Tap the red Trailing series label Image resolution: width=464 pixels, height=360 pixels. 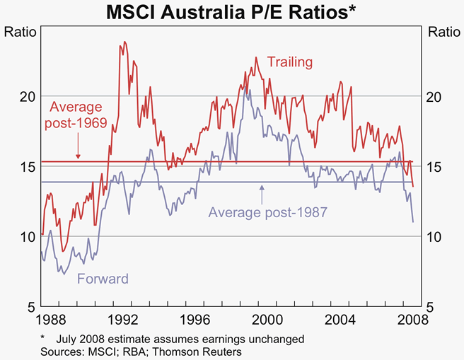[x=289, y=62]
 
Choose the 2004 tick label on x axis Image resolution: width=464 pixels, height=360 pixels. [x=336, y=319]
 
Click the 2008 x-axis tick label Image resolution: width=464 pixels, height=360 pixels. [x=407, y=319]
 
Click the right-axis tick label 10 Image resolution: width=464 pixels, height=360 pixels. [x=436, y=237]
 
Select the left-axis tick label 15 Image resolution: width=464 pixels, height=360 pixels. [x=25, y=167]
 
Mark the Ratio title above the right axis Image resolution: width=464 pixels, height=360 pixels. [x=443, y=32]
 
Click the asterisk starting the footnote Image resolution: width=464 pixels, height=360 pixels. [x=42, y=337]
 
